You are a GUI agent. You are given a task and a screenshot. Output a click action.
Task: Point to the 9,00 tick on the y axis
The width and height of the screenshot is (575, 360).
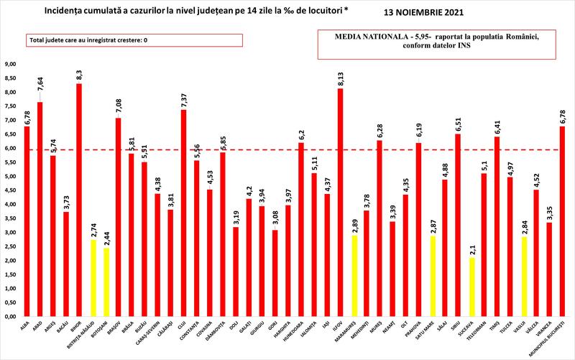(11, 64)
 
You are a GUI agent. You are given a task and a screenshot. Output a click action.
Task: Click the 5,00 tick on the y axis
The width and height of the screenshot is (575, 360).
(11, 176)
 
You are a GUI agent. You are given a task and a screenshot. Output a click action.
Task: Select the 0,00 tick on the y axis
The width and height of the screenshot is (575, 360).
(11, 316)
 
